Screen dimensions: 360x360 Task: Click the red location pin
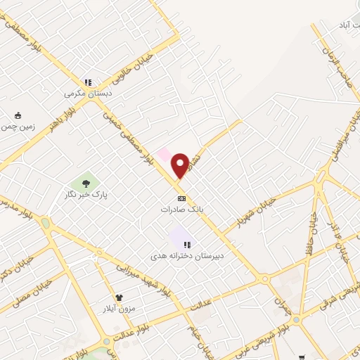[180, 166]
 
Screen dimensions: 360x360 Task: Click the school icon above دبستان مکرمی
[88, 82]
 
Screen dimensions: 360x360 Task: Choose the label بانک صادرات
[181, 209]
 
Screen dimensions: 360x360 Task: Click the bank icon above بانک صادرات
[181, 198]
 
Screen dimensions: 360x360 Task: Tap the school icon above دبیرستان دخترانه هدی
[187, 244]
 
